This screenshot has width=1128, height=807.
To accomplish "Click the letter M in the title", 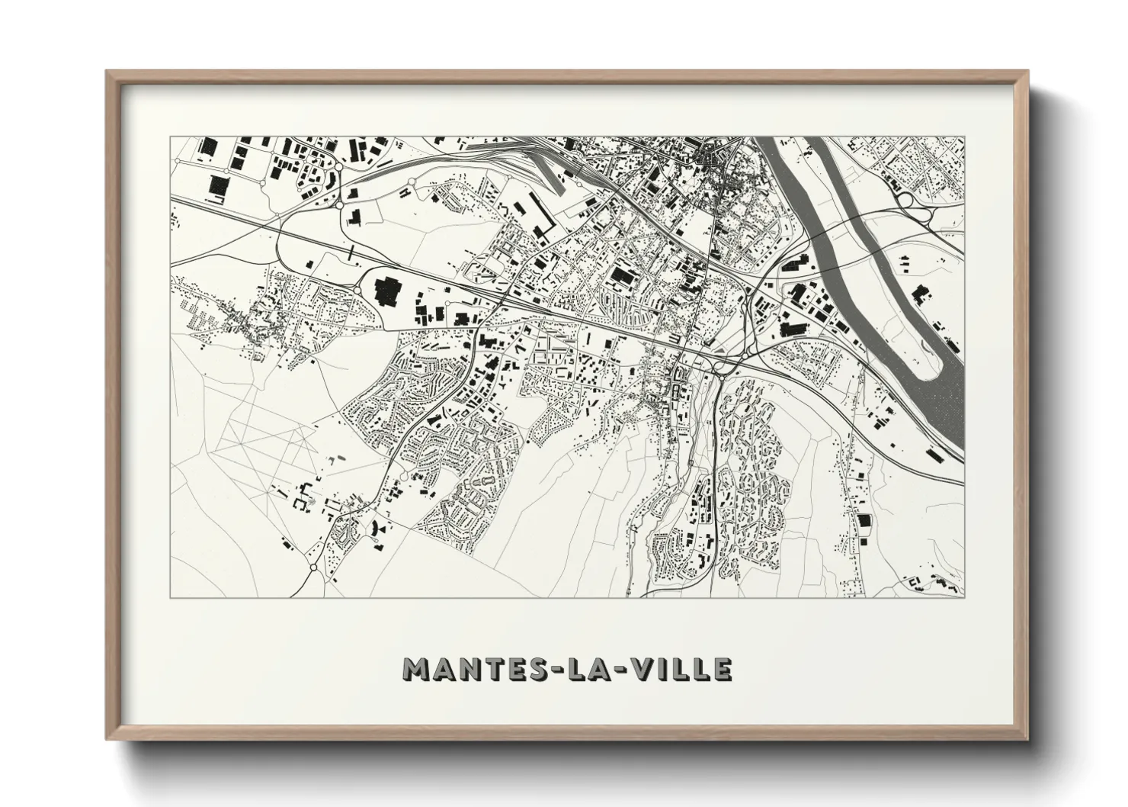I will [418, 669].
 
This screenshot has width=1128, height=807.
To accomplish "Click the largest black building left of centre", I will [389, 290].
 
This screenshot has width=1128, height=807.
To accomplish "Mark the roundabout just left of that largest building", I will [359, 290].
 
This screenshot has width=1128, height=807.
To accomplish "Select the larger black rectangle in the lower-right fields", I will [863, 521].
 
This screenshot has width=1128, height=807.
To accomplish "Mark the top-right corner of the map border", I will [964, 137].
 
